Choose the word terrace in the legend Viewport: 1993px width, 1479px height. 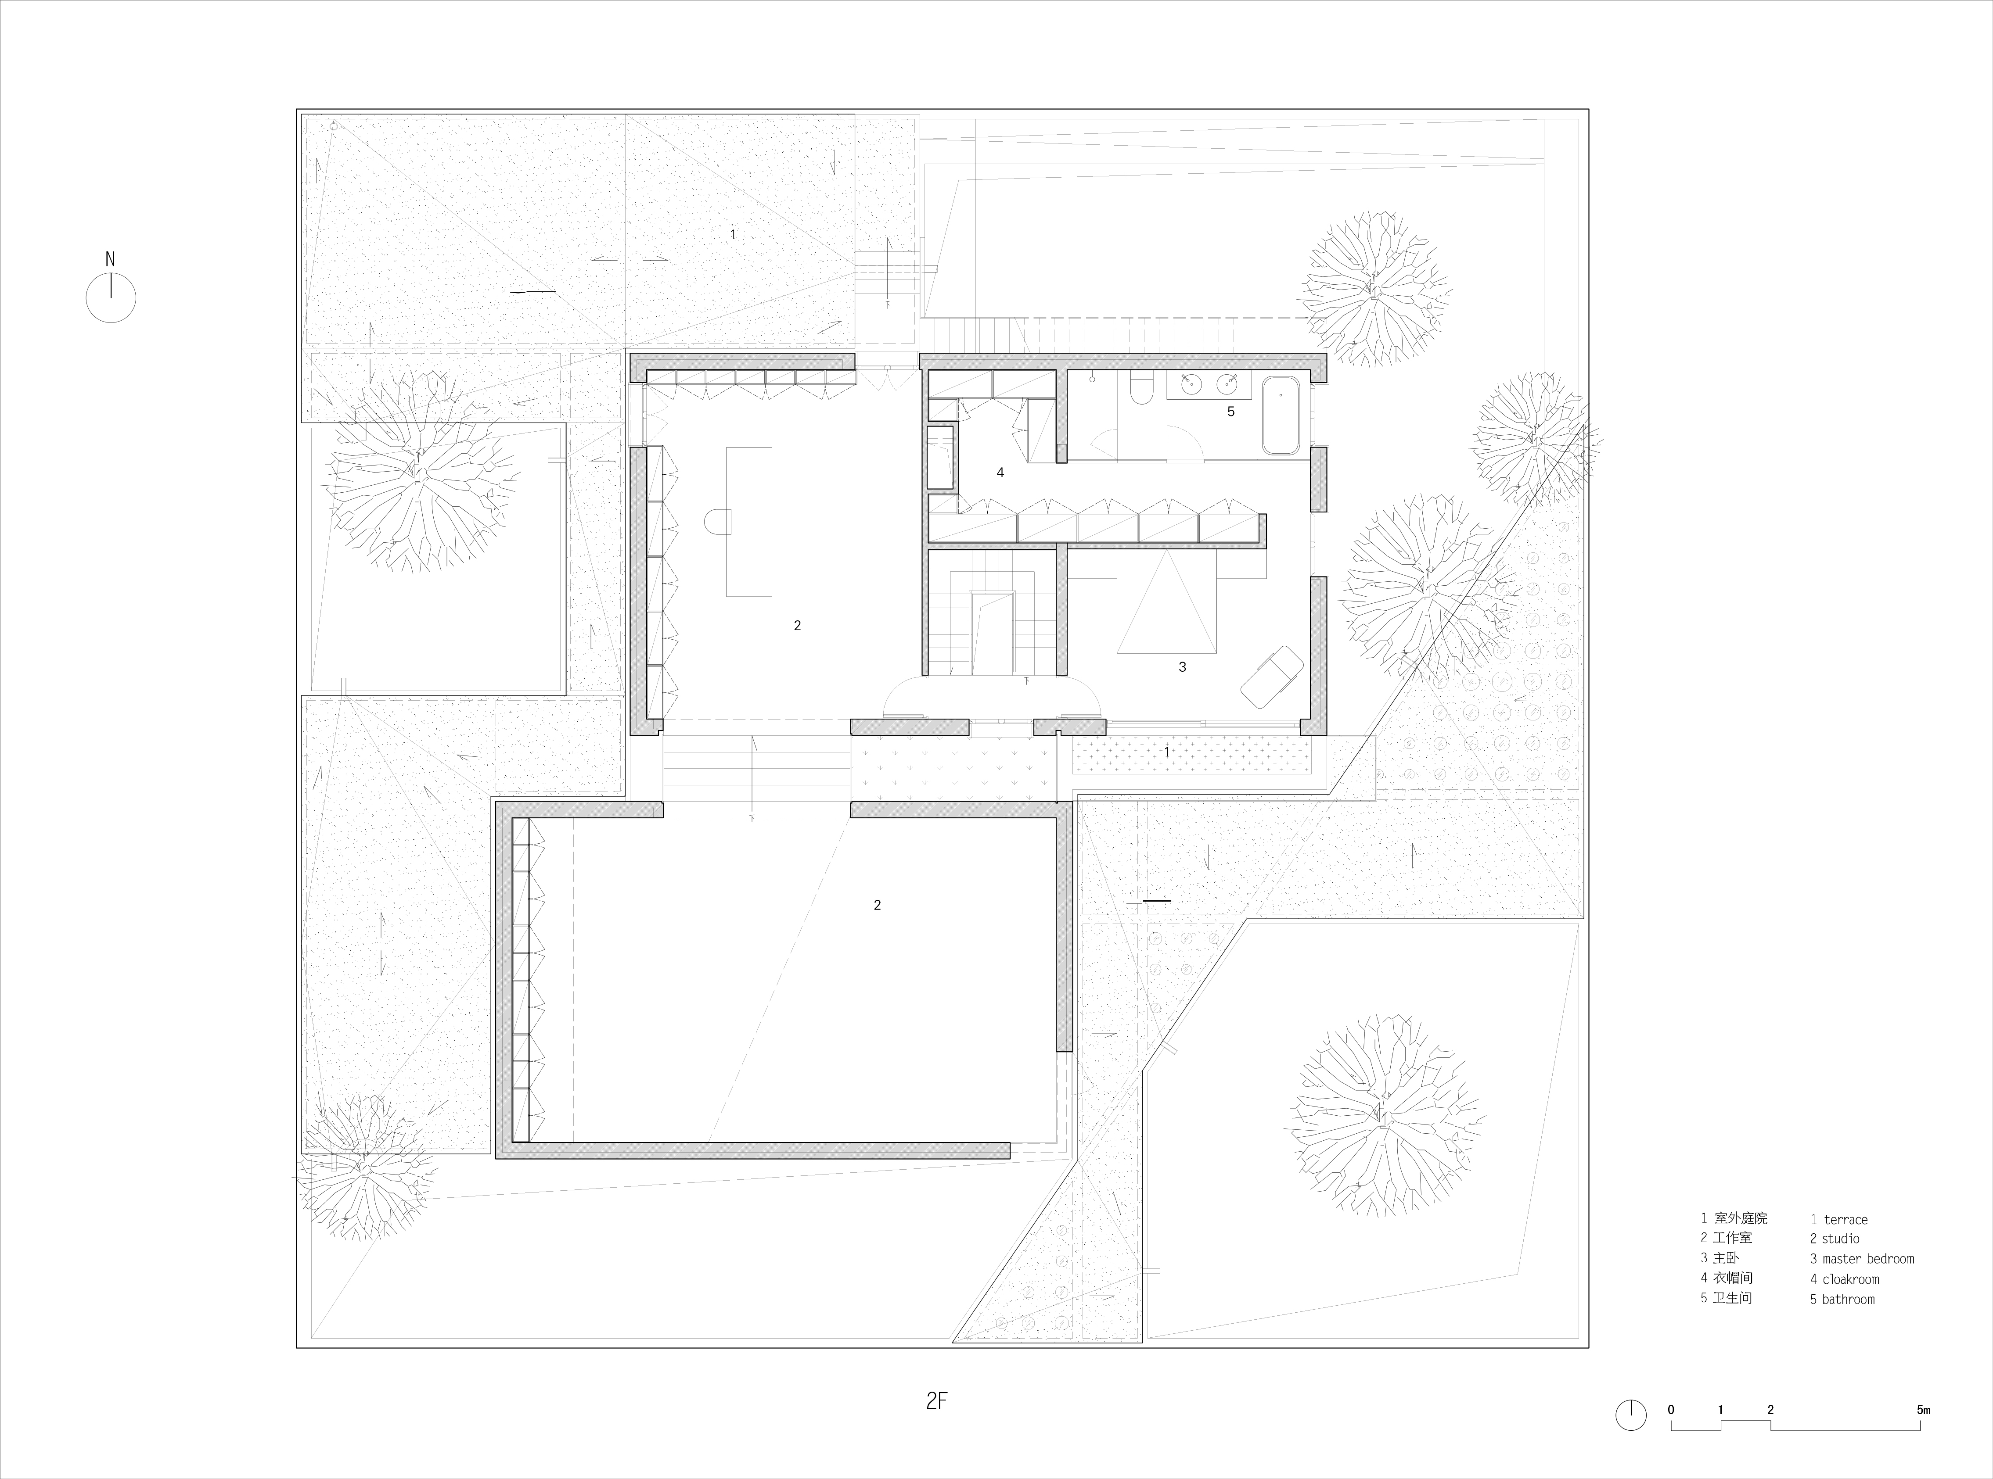pyautogui.click(x=1845, y=1219)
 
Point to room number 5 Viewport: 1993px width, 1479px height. pyautogui.click(x=1231, y=412)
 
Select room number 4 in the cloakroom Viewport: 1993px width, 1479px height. pyautogui.click(x=1000, y=472)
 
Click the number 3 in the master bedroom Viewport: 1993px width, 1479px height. pyautogui.click(x=1182, y=667)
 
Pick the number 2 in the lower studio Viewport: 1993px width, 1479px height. pyautogui.click(x=877, y=905)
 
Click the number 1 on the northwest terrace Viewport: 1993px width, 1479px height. pyautogui.click(x=733, y=235)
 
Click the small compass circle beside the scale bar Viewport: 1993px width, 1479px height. pyautogui.click(x=1631, y=1415)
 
